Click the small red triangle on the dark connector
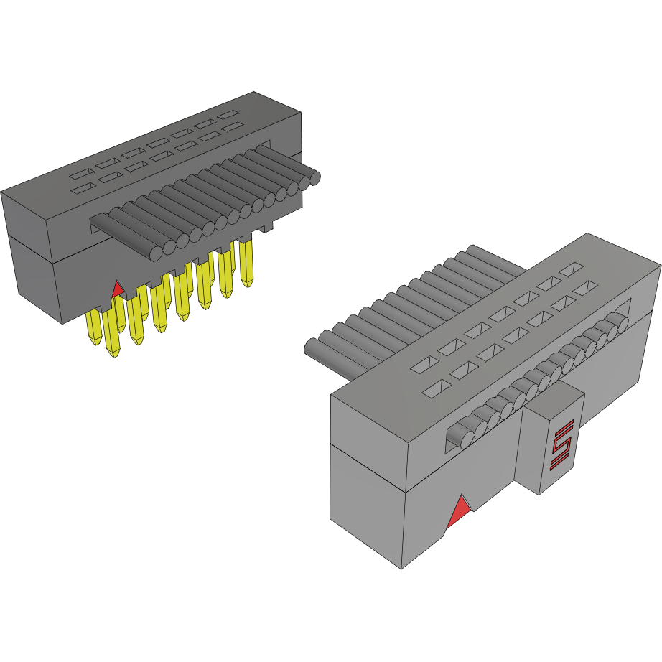(118, 290)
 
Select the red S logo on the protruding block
(561, 445)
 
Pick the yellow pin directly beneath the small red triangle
(113, 337)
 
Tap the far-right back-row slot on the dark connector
(229, 115)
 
